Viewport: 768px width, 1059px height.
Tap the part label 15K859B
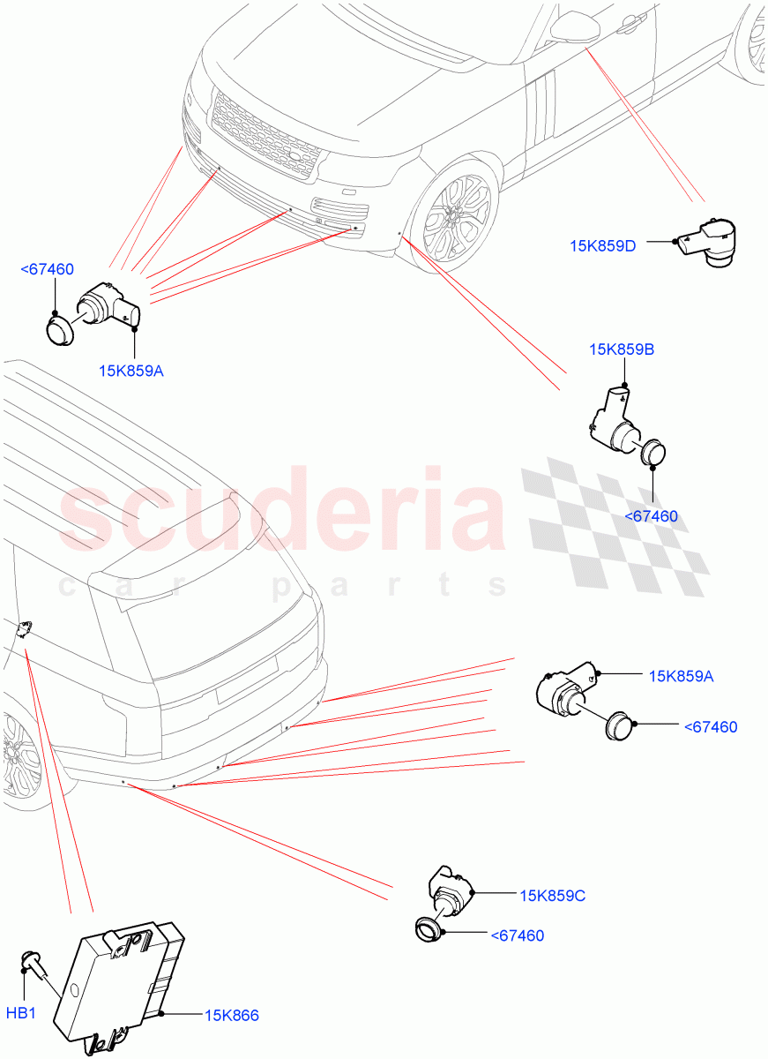coord(622,349)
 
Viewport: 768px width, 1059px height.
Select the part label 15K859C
coord(552,896)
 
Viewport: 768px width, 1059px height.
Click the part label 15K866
coord(232,1016)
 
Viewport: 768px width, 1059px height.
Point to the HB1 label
coord(21,1013)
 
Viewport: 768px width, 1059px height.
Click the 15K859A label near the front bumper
coord(131,371)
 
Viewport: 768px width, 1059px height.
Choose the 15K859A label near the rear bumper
coord(681,676)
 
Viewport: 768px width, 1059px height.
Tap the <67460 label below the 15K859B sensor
coord(651,515)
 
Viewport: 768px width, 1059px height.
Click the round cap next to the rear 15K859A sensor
coord(621,725)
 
